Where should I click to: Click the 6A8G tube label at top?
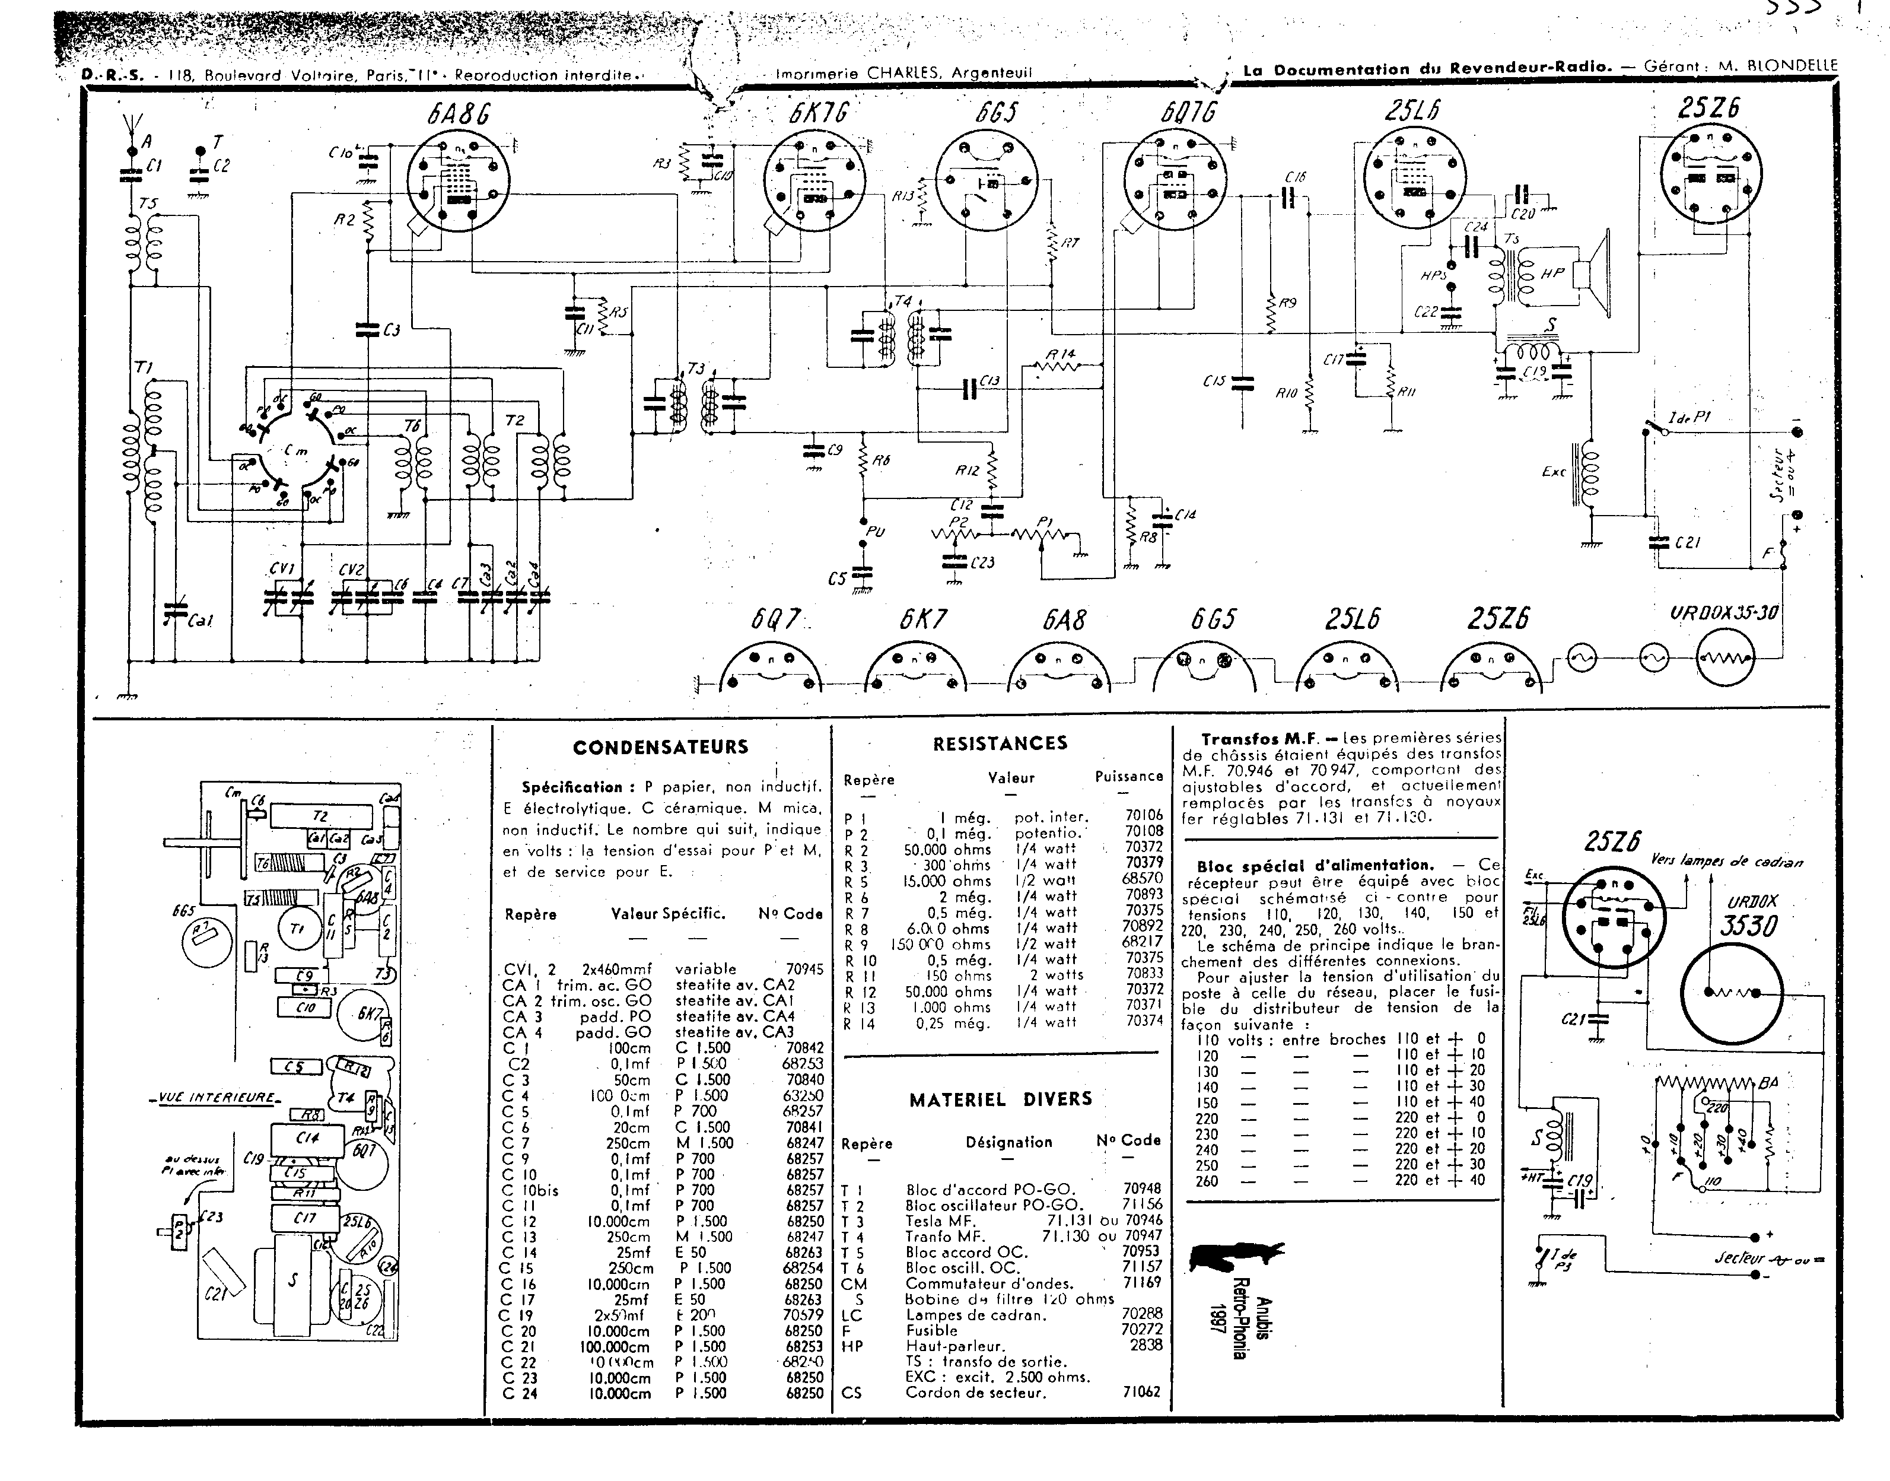pos(458,113)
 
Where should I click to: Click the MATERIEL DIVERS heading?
pos(1001,1099)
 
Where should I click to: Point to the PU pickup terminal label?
pos(876,530)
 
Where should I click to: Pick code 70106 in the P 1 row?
pos(1144,815)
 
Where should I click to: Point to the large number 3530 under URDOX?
pos(1748,927)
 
